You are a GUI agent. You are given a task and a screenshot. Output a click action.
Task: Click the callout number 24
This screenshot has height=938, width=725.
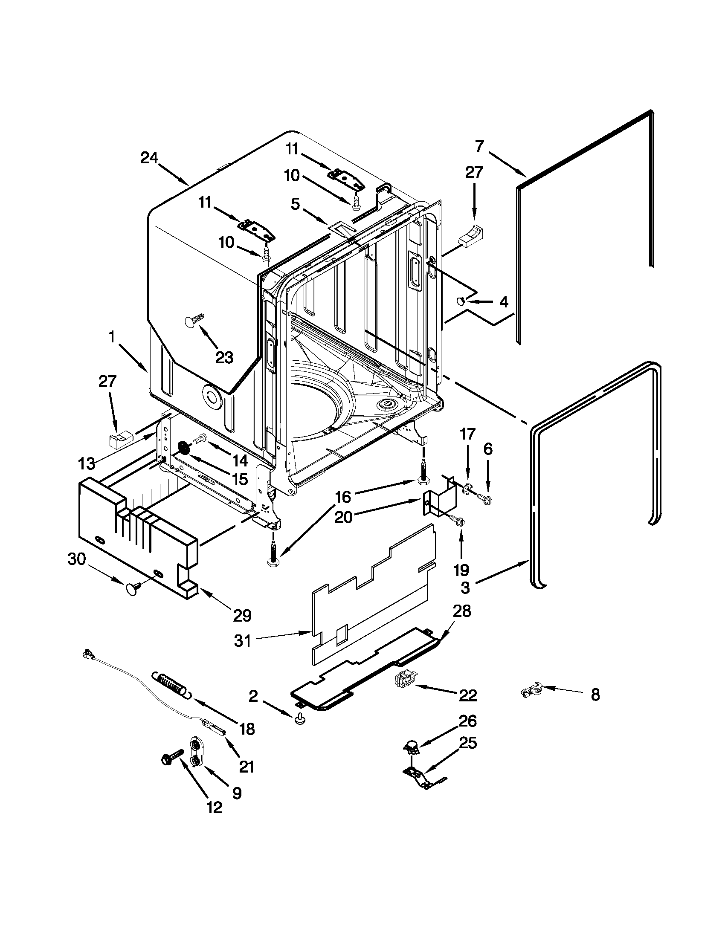(x=149, y=159)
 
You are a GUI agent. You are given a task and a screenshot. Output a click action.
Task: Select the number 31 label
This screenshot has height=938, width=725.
(x=243, y=642)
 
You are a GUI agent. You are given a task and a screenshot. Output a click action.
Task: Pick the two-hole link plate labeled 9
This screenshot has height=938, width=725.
(x=195, y=753)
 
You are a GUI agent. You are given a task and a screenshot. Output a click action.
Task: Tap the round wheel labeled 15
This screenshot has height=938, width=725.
(x=185, y=449)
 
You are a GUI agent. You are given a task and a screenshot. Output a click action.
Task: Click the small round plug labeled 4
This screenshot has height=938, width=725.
(x=461, y=301)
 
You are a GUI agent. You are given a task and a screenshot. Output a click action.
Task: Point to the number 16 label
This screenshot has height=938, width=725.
(x=343, y=497)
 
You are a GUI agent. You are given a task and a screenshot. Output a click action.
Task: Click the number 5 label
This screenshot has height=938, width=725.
(x=295, y=204)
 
